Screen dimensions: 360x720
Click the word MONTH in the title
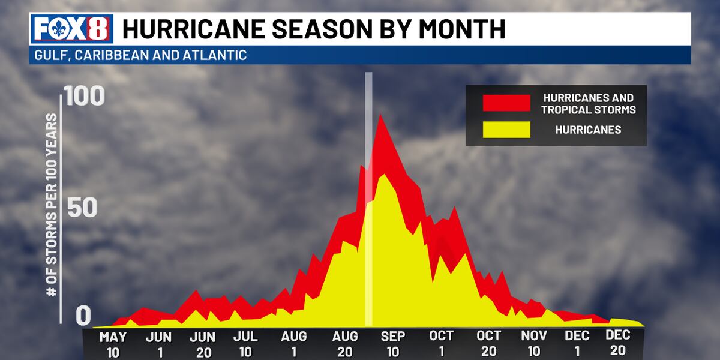460,29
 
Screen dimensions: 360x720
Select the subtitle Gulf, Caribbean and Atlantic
137,55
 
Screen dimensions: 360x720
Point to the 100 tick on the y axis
85,98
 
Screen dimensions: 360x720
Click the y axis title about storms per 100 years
52,203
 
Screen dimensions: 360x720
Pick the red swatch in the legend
506,103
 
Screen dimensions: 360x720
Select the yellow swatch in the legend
506,130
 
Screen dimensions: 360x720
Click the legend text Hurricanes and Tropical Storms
587,103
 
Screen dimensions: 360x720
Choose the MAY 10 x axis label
113,344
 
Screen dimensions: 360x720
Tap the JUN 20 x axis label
202,344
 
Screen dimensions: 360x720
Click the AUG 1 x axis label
294,344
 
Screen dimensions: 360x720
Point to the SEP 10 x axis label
392,344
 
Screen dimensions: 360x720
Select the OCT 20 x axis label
489,344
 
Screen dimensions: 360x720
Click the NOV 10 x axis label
534,344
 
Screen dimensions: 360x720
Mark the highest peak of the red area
380,115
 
